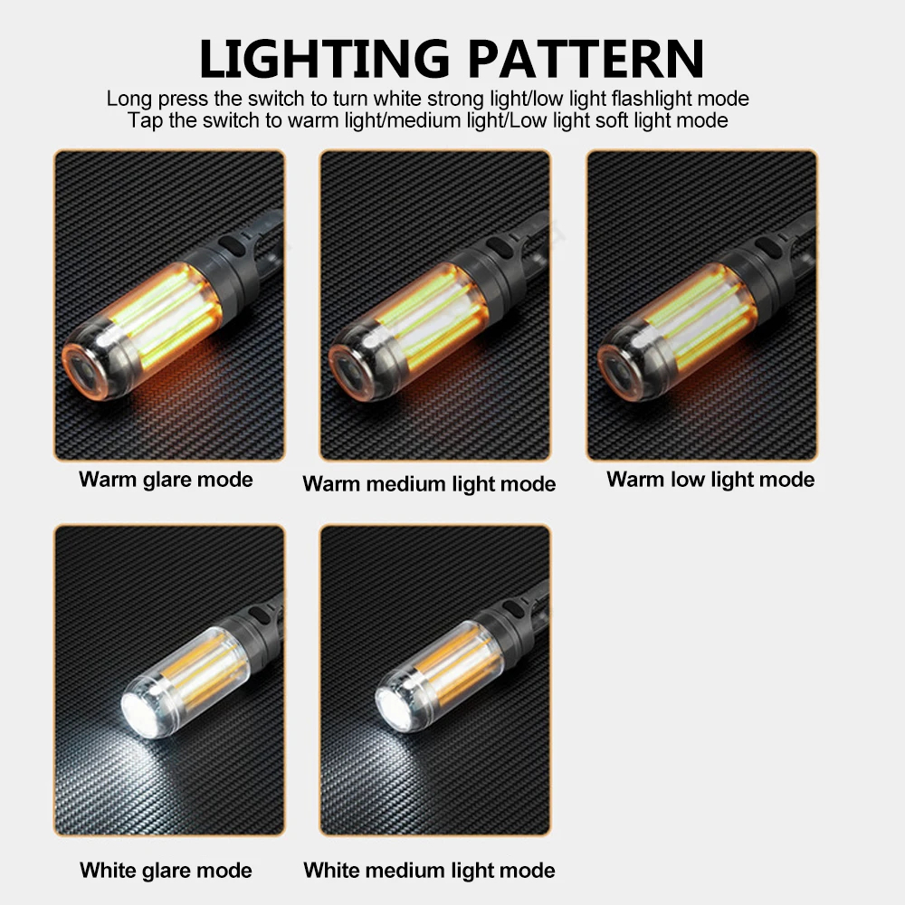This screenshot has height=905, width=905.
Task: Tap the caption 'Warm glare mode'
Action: [166, 479]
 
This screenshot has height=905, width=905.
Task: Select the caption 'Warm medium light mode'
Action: [429, 484]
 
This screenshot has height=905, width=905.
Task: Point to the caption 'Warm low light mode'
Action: [710, 479]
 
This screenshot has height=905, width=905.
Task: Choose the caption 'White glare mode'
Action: [166, 871]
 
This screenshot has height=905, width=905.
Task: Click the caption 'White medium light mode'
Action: [429, 871]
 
